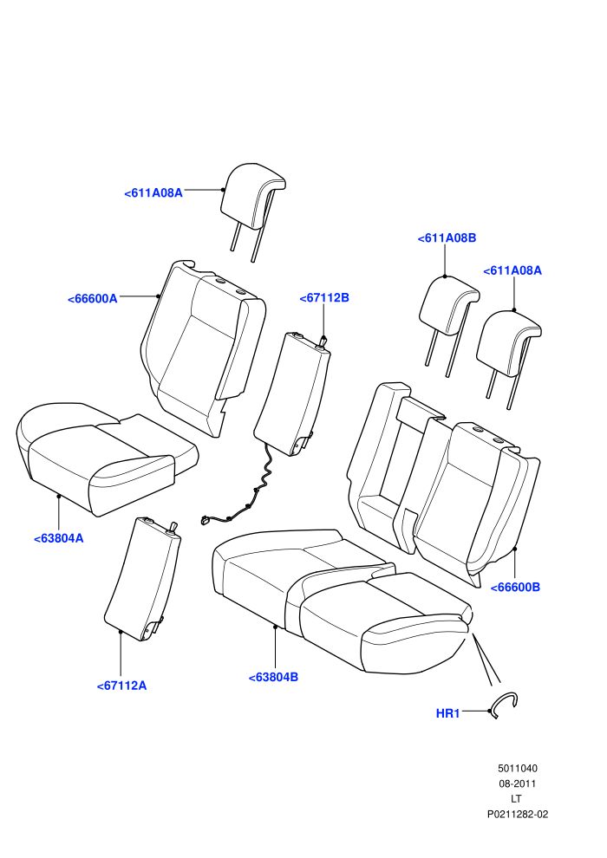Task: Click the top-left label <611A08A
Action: [x=153, y=193]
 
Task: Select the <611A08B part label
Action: [x=447, y=238]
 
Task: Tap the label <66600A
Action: [x=93, y=299]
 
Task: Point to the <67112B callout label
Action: [x=324, y=297]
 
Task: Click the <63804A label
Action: [x=59, y=538]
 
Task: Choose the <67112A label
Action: [x=121, y=686]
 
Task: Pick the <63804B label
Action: [x=273, y=678]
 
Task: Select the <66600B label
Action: [x=515, y=587]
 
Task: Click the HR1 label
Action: [x=447, y=713]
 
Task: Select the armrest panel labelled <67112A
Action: [x=142, y=579]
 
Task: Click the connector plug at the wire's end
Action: [x=206, y=520]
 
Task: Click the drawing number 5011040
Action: [x=518, y=768]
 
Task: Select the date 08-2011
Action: [x=518, y=783]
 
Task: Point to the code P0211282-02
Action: [x=518, y=814]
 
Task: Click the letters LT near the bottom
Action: [x=516, y=799]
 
